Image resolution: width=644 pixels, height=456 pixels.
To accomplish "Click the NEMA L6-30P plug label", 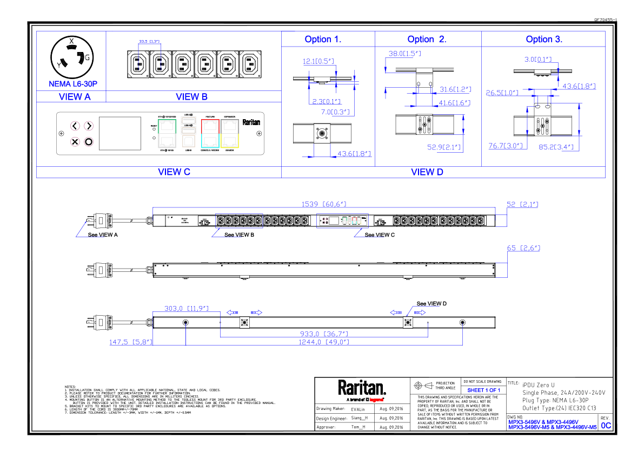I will pyautogui.click(x=73, y=84).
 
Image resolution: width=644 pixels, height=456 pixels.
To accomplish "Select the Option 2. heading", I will pyautogui.click(x=427, y=39).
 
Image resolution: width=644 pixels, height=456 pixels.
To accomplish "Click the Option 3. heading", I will pyautogui.click(x=544, y=39).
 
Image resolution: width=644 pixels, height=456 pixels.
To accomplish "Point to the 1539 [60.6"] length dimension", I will pyautogui.click(x=323, y=204).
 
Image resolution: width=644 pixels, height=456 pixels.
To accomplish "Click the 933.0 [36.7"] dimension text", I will pyautogui.click(x=324, y=334).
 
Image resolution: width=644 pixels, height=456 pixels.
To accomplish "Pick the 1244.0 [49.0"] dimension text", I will pyautogui.click(x=324, y=342).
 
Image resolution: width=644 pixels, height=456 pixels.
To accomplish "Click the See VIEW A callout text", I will pyautogui.click(x=103, y=235).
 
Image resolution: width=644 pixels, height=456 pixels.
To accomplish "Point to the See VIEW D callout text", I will pyautogui.click(x=431, y=303).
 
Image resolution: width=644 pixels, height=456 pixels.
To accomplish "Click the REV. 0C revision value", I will pyautogui.click(x=606, y=426).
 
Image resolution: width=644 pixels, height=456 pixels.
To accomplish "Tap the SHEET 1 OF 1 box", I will pyautogui.click(x=483, y=390).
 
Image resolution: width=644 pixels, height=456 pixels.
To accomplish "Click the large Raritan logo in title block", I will pyautogui.click(x=362, y=388).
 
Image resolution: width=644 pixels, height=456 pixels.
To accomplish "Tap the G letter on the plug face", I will pyautogui.click(x=87, y=57).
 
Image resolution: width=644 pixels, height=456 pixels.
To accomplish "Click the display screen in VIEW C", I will pyautogui.click(x=119, y=133).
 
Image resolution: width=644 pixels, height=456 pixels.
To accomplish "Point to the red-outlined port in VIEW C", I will pyautogui.click(x=209, y=127).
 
